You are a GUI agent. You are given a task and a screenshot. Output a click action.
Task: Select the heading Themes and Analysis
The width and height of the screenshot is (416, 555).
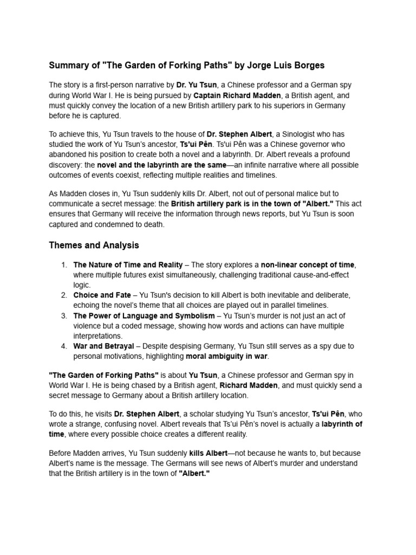pyautogui.click(x=94, y=245)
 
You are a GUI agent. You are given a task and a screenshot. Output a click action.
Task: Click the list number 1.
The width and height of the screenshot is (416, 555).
pyautogui.click(x=63, y=265)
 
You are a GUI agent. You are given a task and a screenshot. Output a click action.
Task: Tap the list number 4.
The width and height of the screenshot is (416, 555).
pyautogui.click(x=63, y=346)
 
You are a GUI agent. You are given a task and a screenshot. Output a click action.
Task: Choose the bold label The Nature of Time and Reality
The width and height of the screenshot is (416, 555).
pyautogui.click(x=128, y=265)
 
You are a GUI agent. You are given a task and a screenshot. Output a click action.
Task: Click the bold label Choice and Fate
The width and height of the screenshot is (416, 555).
pyautogui.click(x=102, y=295)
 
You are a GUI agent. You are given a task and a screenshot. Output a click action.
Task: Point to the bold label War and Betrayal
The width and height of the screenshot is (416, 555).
pyautogui.click(x=103, y=346)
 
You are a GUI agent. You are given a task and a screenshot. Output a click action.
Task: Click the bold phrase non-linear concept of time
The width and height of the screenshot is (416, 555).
pyautogui.click(x=308, y=265)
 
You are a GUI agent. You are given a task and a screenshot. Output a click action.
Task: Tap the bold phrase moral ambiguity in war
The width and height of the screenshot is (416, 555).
pyautogui.click(x=227, y=356)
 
